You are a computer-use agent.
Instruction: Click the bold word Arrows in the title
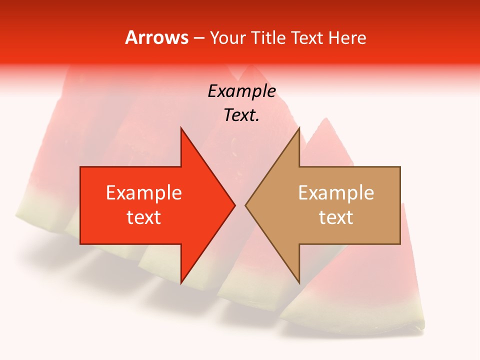(156, 37)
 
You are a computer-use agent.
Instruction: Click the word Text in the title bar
(308, 38)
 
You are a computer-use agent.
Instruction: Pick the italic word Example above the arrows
(241, 91)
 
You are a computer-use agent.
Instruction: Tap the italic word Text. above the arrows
(241, 115)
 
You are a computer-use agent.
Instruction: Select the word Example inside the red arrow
(144, 193)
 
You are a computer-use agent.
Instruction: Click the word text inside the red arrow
(144, 217)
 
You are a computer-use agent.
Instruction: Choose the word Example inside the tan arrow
(336, 193)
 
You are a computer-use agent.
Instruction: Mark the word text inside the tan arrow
(336, 217)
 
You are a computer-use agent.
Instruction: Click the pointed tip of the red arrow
(234, 205)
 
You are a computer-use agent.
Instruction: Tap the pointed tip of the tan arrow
(245, 205)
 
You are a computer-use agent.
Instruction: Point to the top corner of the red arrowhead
(181, 128)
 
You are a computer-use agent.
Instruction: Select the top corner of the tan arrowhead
(299, 128)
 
